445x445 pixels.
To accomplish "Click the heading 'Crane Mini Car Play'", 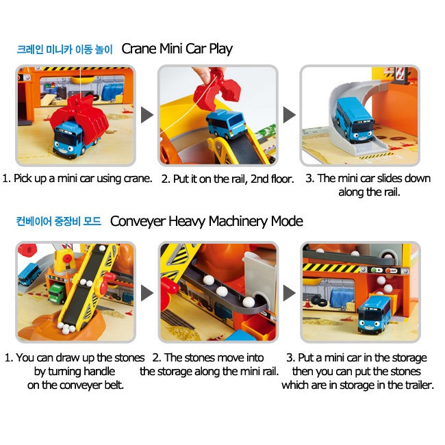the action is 177,49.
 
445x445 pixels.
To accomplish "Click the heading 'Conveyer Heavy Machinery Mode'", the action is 207,221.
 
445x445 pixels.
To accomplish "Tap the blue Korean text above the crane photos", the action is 65,49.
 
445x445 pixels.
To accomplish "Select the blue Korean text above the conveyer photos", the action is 59,221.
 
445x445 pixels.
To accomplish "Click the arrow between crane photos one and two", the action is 147,115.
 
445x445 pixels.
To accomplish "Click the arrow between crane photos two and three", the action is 290,115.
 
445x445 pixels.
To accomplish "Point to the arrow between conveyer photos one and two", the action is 147,293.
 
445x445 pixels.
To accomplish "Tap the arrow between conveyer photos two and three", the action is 290,293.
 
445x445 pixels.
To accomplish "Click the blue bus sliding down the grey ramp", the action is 355,120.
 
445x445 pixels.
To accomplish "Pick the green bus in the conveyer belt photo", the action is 56,294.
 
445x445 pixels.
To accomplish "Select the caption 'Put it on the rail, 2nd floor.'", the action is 227,179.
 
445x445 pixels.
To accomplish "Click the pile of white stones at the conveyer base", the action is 66,327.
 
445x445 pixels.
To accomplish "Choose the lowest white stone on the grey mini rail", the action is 249,302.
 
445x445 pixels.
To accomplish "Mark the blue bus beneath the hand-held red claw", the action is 226,124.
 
